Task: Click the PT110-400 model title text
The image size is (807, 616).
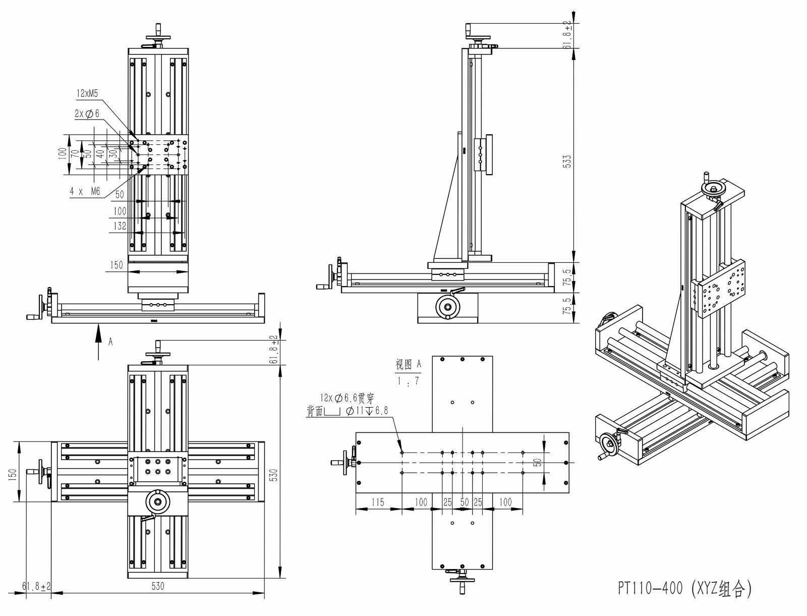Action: point(685,588)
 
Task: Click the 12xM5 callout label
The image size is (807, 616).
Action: point(87,93)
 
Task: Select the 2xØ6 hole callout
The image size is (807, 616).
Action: point(87,114)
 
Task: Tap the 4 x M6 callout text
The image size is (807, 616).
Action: point(85,191)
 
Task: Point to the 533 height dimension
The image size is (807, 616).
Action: point(567,161)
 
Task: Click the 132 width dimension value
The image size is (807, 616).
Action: point(120,226)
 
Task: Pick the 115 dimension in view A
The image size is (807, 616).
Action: point(377,502)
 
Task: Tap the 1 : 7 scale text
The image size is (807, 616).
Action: point(408,381)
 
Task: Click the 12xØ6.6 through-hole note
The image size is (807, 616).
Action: point(347,399)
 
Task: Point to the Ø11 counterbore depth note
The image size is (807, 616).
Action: point(367,411)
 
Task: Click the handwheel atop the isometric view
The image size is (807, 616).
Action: point(714,190)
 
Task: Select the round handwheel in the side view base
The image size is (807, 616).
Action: point(447,307)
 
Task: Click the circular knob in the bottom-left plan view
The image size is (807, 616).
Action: point(158,502)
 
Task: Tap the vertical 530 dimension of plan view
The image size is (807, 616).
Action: point(274,474)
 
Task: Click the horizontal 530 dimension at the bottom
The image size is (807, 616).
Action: point(158,586)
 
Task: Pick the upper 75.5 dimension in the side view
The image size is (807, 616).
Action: point(567,277)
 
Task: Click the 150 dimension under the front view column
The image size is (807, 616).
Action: point(117,265)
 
